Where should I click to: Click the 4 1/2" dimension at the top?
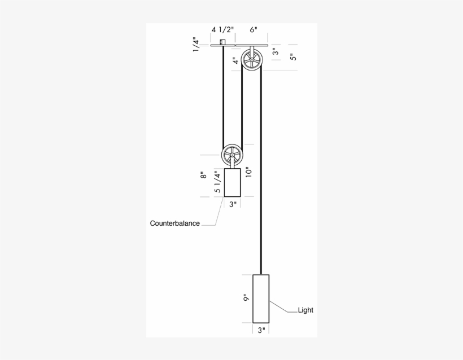(x=222, y=29)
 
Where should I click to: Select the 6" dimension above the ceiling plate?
(x=254, y=29)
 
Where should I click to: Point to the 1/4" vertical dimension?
(x=196, y=45)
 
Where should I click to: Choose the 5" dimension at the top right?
(x=291, y=57)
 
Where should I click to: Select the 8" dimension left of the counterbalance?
(x=203, y=175)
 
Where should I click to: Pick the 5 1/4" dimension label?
(x=217, y=182)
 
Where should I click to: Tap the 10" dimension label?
(x=248, y=170)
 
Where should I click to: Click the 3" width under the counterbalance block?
(x=232, y=204)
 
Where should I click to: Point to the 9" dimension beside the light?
(x=246, y=298)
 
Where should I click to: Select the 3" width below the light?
(x=261, y=331)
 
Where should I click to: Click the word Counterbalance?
(x=174, y=223)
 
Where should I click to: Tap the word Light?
(x=305, y=310)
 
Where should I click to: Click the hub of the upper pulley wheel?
(x=252, y=59)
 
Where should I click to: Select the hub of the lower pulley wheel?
(x=232, y=155)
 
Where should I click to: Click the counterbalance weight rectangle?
(x=232, y=182)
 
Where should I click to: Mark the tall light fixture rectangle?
(x=261, y=298)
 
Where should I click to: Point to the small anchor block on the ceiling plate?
(x=223, y=42)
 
